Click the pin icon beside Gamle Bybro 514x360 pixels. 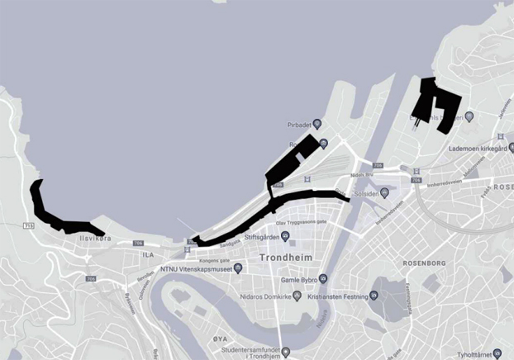pyautogui.click(x=323, y=279)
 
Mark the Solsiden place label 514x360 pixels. pyautogui.click(x=374, y=193)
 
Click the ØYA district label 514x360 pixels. pyautogui.click(x=220, y=339)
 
